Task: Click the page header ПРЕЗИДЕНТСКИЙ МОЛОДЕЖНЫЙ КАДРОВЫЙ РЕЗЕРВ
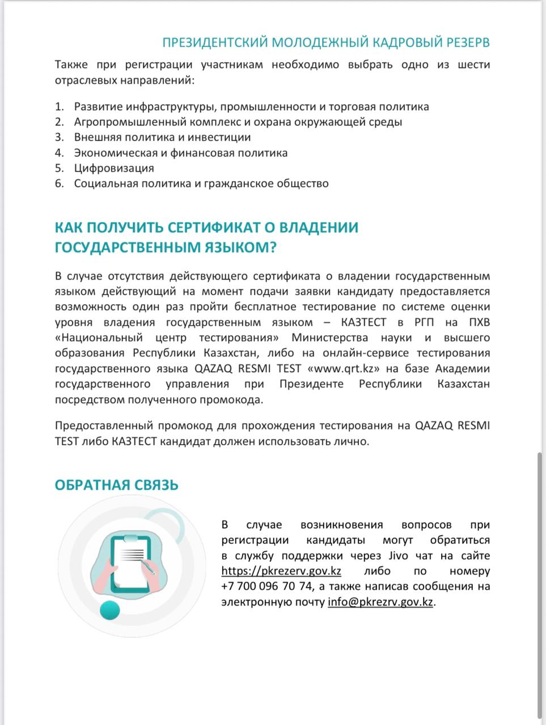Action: click(326, 43)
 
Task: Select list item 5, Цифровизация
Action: click(114, 168)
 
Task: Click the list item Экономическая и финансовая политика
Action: click(180, 153)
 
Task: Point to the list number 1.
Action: click(59, 107)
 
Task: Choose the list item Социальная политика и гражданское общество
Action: click(201, 184)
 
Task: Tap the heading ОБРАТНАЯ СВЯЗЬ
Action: click(116, 485)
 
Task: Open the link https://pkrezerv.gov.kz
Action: click(281, 571)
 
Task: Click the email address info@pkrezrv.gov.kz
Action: click(380, 602)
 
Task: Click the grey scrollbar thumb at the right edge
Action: click(539, 583)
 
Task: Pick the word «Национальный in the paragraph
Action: click(99, 338)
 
